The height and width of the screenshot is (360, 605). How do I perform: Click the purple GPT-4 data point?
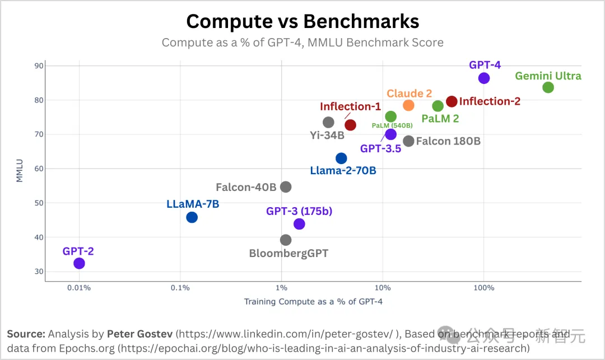[x=484, y=78]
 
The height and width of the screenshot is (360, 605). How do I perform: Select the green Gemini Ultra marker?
[x=548, y=87]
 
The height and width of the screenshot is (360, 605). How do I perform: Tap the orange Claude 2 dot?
[x=408, y=105]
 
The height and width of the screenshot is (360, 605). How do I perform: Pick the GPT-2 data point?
[x=79, y=263]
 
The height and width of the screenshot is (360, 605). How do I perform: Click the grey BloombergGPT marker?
[x=286, y=240]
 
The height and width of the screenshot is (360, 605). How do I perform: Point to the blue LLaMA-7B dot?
[x=192, y=217]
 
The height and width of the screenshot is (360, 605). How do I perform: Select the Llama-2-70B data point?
[x=341, y=158]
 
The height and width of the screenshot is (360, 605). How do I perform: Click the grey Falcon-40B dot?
[x=286, y=187]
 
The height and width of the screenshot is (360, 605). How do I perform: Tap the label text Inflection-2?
[x=490, y=101]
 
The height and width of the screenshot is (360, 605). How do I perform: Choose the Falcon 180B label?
[x=448, y=141]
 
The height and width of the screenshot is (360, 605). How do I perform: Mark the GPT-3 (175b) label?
[x=299, y=211]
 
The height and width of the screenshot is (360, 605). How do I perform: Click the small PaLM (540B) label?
[x=392, y=126]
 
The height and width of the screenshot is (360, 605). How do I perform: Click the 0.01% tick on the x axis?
[x=79, y=288]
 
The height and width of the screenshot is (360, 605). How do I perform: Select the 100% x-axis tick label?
[x=484, y=288]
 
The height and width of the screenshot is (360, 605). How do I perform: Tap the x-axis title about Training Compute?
[x=313, y=302]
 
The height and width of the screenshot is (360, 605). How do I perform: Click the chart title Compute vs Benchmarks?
[x=302, y=21]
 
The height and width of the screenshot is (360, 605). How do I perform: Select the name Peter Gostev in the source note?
[x=140, y=334]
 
